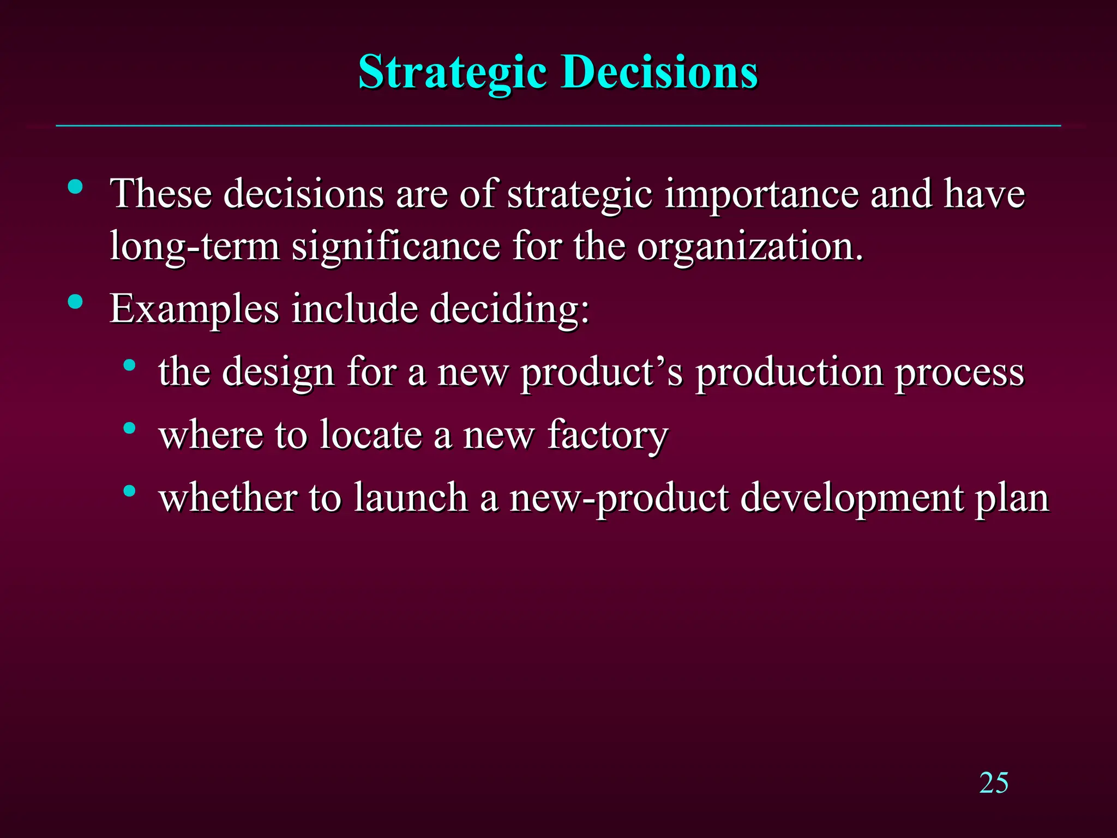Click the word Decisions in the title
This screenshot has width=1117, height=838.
click(660, 73)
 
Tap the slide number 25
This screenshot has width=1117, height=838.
click(993, 783)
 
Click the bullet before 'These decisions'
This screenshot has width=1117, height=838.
click(76, 188)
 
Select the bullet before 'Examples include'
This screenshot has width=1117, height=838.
click(76, 302)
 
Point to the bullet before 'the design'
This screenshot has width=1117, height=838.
click(129, 365)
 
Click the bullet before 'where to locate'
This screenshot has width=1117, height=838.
click(129, 428)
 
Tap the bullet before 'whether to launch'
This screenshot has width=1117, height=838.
click(129, 491)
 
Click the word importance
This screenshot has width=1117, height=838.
click(761, 194)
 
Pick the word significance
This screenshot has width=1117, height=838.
click(396, 247)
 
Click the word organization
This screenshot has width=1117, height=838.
click(750, 247)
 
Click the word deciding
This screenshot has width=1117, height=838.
click(509, 309)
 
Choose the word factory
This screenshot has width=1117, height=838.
click(608, 435)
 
